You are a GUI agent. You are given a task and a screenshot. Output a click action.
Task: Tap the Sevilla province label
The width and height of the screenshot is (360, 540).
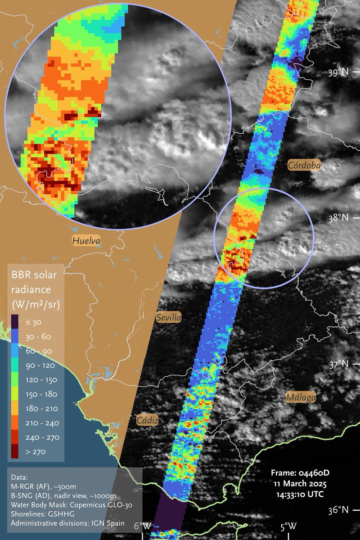pyautogui.click(x=169, y=318)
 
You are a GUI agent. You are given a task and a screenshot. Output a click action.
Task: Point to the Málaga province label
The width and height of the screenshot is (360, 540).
pyautogui.click(x=301, y=397)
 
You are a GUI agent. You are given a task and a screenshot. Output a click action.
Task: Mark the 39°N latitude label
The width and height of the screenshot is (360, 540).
pyautogui.click(x=339, y=72)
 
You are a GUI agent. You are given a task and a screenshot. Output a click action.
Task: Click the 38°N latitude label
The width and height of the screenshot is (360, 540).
pyautogui.click(x=339, y=218)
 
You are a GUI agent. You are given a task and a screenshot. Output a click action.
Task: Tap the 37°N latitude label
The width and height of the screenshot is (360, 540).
pyautogui.click(x=339, y=364)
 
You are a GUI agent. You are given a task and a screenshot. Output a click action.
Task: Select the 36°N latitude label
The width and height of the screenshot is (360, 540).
pyautogui.click(x=339, y=510)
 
